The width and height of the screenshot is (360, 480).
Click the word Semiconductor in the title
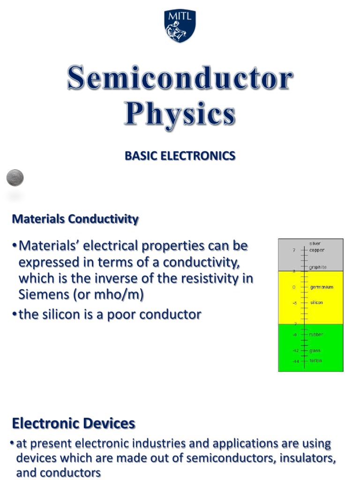pos(180,79)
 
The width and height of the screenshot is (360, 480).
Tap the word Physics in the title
pos(180,114)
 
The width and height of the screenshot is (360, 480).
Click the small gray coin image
pos(15,178)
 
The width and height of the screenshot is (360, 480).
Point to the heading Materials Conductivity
pos(75,219)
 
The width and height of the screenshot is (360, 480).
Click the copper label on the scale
pos(316,250)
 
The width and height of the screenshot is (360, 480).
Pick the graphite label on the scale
pos(318,267)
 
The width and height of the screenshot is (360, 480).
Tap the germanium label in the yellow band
pos(322,287)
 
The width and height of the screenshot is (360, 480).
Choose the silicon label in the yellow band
pos(316,303)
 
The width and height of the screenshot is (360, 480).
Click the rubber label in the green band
pos(316,335)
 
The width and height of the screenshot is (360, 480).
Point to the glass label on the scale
pos(315,351)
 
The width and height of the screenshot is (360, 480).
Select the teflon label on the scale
pos(315,361)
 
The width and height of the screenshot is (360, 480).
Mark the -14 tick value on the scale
pos(296,361)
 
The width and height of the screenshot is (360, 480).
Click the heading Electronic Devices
pos(74,424)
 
